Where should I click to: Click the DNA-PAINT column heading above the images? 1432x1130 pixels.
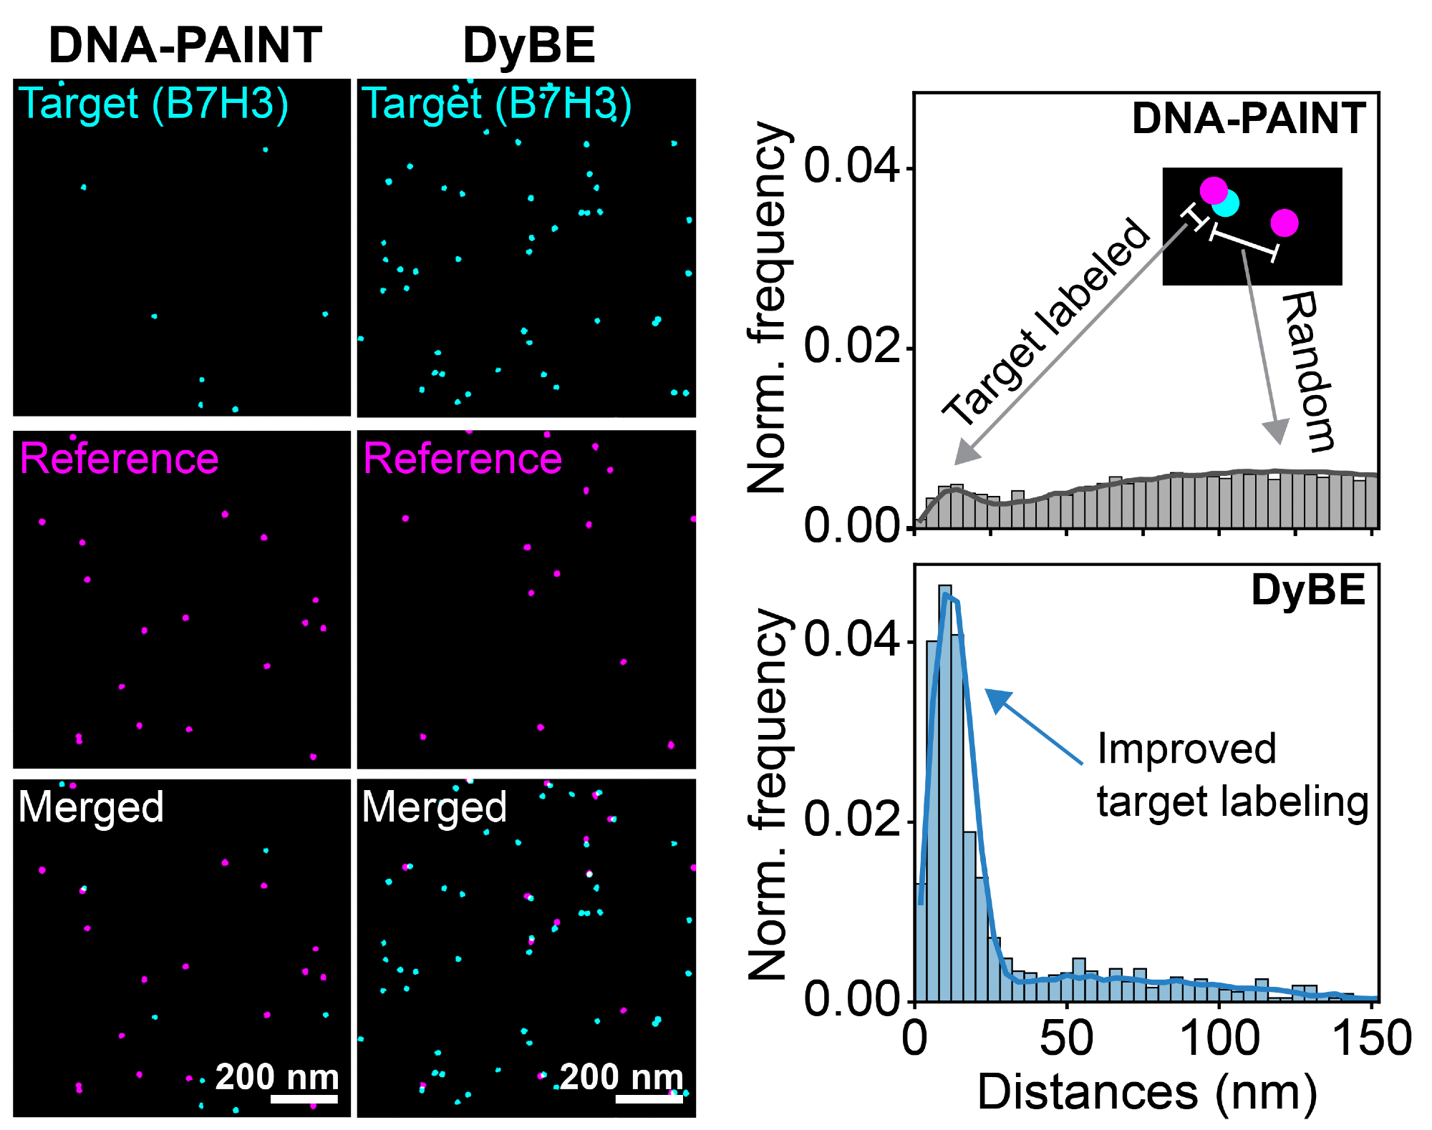(185, 44)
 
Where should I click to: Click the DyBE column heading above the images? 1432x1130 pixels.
(528, 45)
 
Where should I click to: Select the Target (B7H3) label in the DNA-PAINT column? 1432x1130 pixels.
(153, 104)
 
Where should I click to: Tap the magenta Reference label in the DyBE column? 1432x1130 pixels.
(463, 458)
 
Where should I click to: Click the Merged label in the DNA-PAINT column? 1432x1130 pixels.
(91, 807)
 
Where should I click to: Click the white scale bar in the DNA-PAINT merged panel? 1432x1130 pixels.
(304, 1099)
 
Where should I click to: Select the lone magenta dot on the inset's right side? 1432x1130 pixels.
(1285, 223)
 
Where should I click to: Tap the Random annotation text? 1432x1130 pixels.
(1308, 371)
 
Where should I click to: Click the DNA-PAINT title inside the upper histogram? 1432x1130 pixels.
(1249, 118)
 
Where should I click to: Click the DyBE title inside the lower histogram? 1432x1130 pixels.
(1308, 590)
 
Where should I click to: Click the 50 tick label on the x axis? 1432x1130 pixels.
(1066, 1039)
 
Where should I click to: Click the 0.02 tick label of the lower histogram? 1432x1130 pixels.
(850, 819)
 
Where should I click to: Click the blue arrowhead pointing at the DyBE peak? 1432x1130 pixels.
(997, 700)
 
